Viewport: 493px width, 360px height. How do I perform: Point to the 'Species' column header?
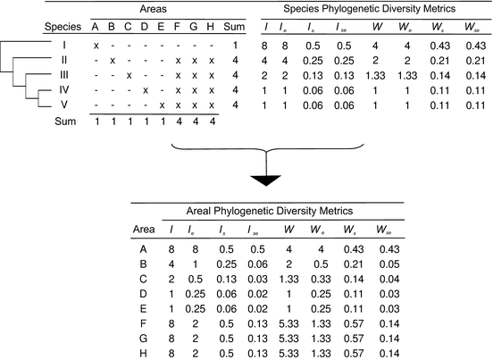pos(63,25)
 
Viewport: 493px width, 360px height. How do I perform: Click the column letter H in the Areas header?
pos(210,26)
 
